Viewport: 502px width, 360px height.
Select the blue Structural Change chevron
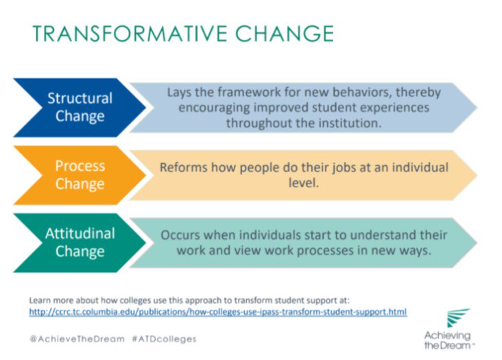(x=79, y=107)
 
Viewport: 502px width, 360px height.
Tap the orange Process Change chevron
(x=79, y=175)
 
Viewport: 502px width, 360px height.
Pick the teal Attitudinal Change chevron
(x=79, y=242)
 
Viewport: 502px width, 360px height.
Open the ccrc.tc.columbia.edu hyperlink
(x=218, y=311)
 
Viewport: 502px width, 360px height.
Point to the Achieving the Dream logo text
(x=448, y=339)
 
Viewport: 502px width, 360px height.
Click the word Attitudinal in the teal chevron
(x=80, y=233)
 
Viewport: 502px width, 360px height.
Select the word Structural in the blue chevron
(x=80, y=98)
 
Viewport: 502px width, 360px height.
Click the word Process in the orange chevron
(x=80, y=166)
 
